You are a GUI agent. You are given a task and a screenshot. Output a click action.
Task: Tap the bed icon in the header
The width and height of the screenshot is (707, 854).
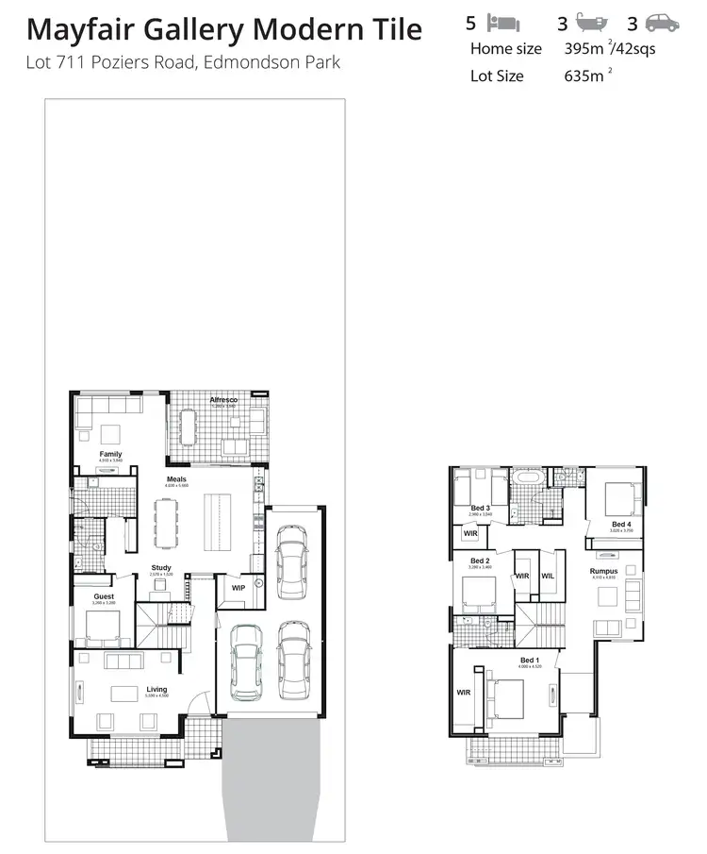click(506, 23)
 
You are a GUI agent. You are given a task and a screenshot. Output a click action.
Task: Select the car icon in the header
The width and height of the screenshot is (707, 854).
click(663, 23)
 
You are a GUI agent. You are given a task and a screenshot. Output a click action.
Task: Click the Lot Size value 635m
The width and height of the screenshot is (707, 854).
click(584, 75)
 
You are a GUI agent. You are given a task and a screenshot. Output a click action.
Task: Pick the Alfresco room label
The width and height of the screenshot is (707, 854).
click(222, 401)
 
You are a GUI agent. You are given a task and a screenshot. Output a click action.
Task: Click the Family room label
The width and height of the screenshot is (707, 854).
click(110, 454)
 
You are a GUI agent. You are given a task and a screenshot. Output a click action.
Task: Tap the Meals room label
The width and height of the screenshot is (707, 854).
click(176, 479)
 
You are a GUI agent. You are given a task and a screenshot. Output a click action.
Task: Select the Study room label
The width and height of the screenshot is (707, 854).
click(161, 568)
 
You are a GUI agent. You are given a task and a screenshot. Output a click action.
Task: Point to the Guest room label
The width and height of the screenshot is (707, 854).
click(104, 596)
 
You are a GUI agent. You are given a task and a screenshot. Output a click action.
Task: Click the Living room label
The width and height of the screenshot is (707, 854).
click(156, 690)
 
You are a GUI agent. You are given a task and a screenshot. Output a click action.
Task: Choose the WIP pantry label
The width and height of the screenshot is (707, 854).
click(238, 588)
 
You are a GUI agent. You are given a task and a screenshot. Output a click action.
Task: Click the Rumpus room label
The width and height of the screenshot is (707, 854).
click(603, 571)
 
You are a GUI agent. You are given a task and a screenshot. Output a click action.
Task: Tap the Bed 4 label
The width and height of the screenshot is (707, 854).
click(620, 524)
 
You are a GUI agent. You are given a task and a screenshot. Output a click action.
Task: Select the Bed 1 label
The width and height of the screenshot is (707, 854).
click(530, 661)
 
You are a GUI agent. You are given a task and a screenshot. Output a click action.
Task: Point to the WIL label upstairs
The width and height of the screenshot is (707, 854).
click(548, 577)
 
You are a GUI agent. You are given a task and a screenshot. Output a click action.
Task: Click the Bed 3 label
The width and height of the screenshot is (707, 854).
click(480, 508)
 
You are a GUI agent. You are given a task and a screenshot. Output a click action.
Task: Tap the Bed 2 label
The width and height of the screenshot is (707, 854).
click(480, 561)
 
